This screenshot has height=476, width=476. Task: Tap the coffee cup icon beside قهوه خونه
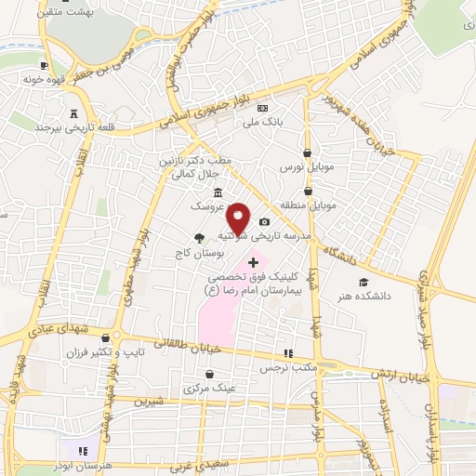pyautogui.click(x=44, y=67)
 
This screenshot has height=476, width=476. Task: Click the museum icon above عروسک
pyautogui.click(x=218, y=192)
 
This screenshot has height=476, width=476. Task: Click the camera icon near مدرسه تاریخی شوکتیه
pyautogui.click(x=265, y=221)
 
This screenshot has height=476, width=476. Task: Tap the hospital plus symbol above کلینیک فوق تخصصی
pyautogui.click(x=254, y=263)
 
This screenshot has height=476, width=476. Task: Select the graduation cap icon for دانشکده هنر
pyautogui.click(x=364, y=282)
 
